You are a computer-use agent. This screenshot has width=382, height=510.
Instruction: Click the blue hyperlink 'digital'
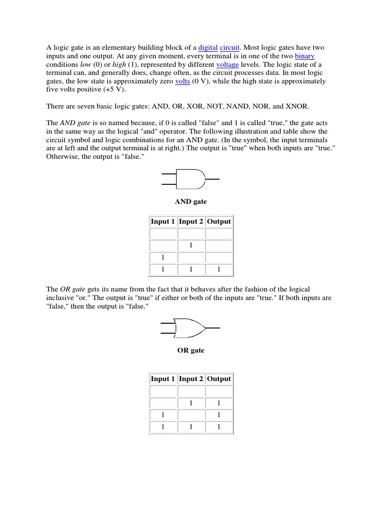click(x=208, y=47)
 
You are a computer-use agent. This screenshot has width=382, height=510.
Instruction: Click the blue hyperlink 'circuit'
click(x=230, y=47)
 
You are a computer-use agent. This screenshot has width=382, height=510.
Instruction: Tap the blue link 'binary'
click(x=304, y=56)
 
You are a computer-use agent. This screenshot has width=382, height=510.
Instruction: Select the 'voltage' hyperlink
click(x=227, y=65)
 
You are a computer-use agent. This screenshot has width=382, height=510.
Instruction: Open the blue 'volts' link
click(x=183, y=81)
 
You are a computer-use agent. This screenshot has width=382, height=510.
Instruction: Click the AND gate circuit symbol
click(x=191, y=178)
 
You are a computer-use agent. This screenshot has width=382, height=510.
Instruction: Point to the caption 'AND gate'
click(x=191, y=202)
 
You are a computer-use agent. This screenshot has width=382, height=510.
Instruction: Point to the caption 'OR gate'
click(x=191, y=350)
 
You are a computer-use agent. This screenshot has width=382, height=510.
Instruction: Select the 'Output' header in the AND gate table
click(x=219, y=222)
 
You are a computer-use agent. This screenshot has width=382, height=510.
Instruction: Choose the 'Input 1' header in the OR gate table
click(x=163, y=379)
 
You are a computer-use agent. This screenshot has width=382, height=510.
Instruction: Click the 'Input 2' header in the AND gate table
click(x=191, y=222)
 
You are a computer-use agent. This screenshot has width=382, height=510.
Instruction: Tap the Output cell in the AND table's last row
click(x=219, y=269)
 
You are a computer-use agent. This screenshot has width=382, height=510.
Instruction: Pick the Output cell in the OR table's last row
click(x=219, y=427)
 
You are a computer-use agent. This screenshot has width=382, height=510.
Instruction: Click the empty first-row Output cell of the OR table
click(x=219, y=391)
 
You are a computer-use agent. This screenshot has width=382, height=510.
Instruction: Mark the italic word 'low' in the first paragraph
click(x=86, y=65)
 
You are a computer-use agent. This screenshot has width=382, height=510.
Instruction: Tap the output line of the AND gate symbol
click(x=212, y=178)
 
